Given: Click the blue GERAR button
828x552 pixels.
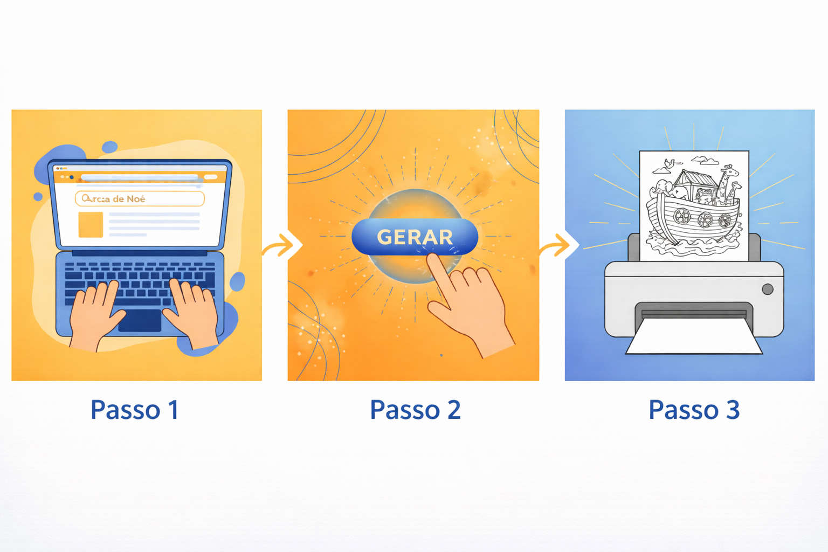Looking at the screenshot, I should click(414, 237).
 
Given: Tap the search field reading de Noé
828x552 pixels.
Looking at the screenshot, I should click(140, 199).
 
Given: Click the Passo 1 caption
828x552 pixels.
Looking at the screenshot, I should click(134, 410).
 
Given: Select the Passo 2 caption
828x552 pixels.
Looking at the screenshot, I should click(415, 410).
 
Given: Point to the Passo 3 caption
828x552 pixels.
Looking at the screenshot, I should click(694, 410).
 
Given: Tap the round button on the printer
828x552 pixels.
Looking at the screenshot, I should click(768, 289).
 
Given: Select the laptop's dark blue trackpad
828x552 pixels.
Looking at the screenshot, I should click(140, 320).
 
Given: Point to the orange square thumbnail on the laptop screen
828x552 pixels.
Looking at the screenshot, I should click(91, 224).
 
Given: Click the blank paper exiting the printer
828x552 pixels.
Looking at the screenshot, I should click(694, 337).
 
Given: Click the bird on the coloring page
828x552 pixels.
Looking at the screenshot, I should click(669, 163).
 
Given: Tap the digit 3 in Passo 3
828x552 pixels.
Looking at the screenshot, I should click(733, 410).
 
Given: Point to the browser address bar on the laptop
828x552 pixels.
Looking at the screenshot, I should click(140, 177).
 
